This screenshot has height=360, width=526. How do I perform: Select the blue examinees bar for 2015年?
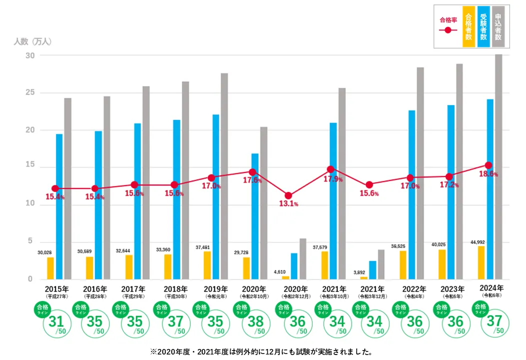coord(59,206)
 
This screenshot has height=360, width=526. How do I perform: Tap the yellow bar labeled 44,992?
coord(481,262)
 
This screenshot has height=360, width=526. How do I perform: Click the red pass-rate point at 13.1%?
coord(288,195)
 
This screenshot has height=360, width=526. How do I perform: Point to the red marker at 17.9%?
coord(330,169)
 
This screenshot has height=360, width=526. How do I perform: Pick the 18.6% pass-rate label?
coord(488,174)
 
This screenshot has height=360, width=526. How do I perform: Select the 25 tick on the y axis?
coord(30,93)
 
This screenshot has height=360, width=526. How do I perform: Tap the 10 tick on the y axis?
coord(30,204)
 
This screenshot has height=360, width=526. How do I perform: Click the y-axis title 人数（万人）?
coord(32,41)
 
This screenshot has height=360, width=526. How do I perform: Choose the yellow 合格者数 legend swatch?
coord(468,26)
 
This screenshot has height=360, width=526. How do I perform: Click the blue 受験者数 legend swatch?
coord(483,26)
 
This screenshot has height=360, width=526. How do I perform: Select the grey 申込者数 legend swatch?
coord(498,26)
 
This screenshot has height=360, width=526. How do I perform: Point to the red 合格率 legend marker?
coord(448,30)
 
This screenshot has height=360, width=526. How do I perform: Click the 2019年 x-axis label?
coord(216,289)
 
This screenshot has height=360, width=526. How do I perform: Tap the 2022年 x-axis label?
coord(413,289)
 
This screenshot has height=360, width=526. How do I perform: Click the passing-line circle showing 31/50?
coord(54,322)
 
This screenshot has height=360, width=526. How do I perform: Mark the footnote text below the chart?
coord(262,351)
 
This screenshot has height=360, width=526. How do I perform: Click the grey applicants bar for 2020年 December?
coord(303,259)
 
